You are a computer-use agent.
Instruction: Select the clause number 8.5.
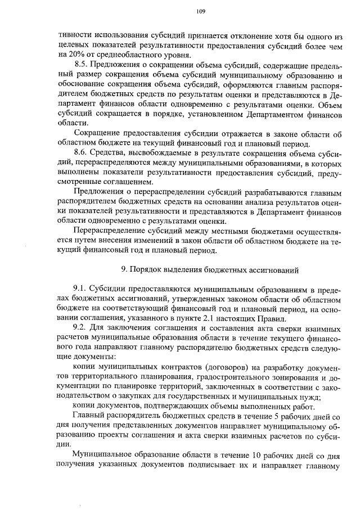pos(82,65)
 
